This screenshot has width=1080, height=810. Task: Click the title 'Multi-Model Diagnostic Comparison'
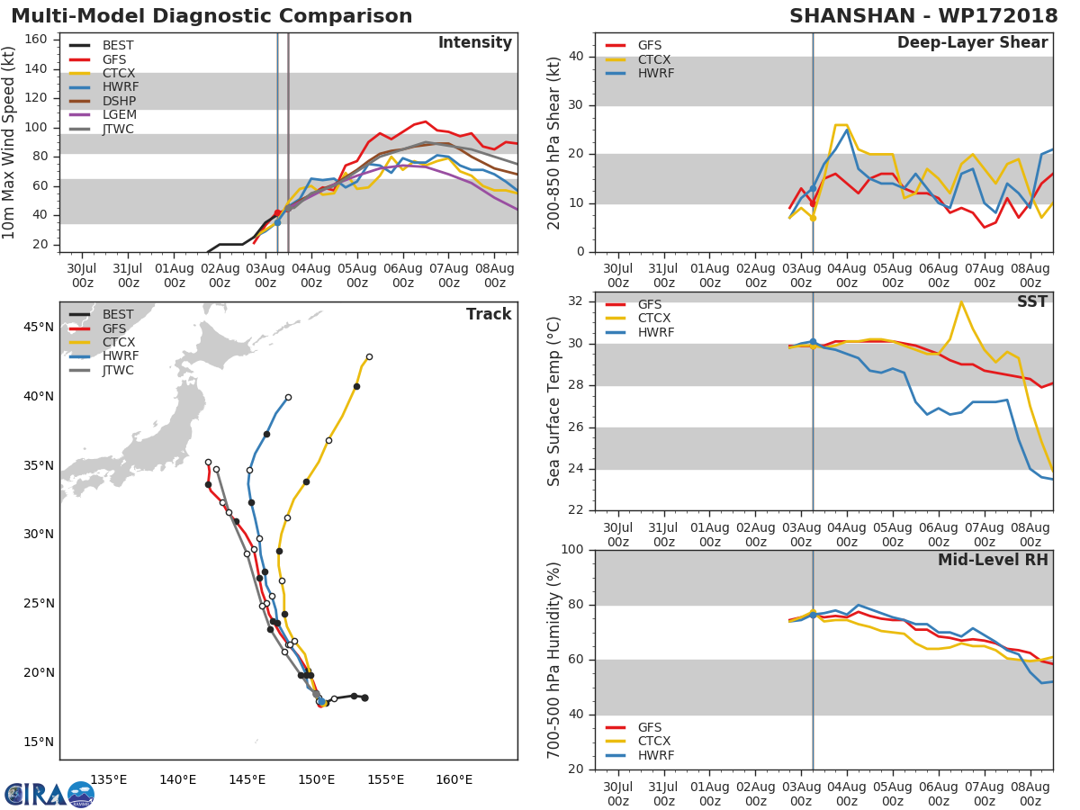pos(211,16)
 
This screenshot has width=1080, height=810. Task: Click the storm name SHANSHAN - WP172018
pos(923,16)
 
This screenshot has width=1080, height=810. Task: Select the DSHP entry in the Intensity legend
pos(119,101)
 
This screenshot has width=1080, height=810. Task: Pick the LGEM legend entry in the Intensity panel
pos(119,115)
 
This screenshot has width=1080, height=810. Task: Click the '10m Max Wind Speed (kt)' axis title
pos(11,142)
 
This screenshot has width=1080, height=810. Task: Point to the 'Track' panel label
pos(489,314)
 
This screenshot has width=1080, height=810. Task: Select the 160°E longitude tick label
pos(454,779)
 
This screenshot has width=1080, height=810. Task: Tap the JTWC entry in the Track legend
pos(119,371)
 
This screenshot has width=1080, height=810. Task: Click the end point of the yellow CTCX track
pos(369,356)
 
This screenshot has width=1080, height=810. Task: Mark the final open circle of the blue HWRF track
pos(288,397)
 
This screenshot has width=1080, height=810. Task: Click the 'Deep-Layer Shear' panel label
pos(972,43)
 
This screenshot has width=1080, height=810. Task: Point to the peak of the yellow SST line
pos(961,301)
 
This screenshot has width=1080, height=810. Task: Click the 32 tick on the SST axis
pos(580,301)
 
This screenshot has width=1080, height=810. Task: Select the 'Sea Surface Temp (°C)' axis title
pos(554,401)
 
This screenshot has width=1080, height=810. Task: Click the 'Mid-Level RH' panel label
pos(993,561)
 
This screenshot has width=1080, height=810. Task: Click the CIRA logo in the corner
pos(49,794)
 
